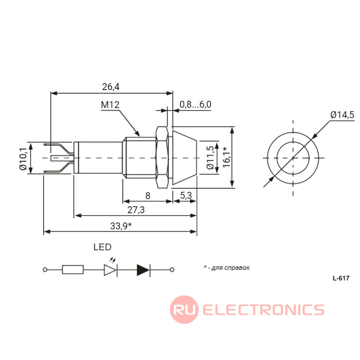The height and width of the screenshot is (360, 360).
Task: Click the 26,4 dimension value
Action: tap(111, 87)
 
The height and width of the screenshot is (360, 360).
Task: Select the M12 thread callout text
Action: tap(110, 105)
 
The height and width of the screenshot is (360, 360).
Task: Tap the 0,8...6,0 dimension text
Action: tap(195, 104)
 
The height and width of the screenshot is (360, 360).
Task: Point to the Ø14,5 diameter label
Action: tap(343, 115)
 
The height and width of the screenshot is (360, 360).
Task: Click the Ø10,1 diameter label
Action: tap(23, 159)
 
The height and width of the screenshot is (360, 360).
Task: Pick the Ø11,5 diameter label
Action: tap(210, 158)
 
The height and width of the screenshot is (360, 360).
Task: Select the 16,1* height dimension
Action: tap(226, 157)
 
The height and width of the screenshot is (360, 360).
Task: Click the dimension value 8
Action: tap(148, 196)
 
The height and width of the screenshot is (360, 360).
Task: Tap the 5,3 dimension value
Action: tap(186, 195)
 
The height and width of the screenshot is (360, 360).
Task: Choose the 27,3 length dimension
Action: tap(136, 210)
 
